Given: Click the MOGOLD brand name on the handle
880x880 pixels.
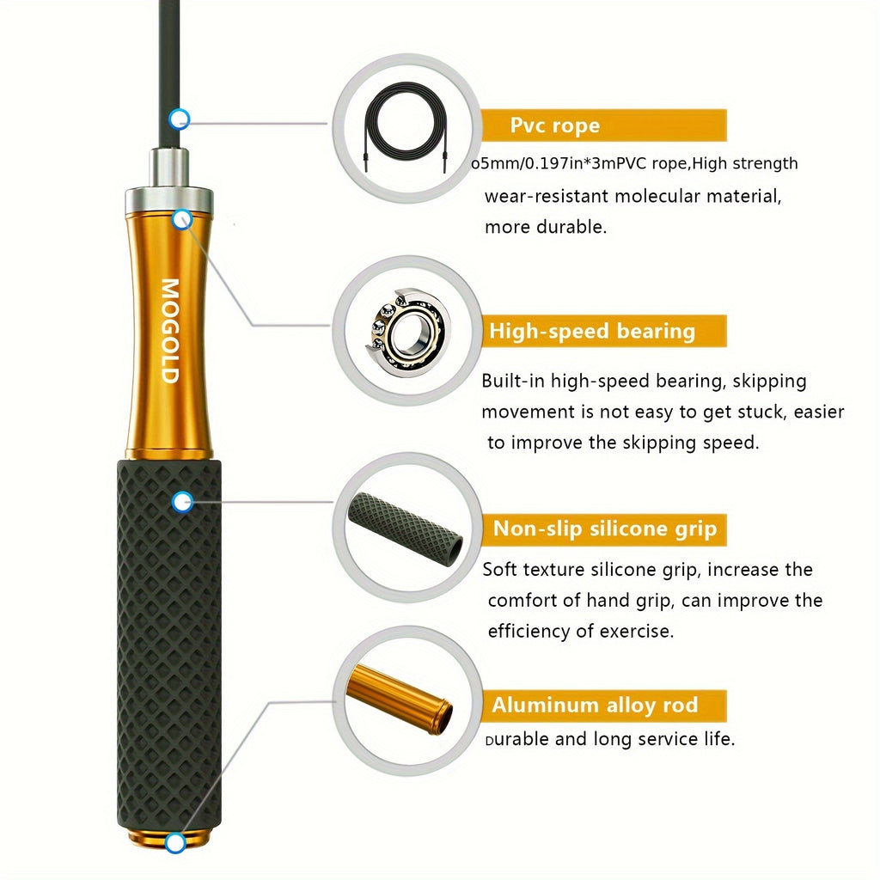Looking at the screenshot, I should [169, 331].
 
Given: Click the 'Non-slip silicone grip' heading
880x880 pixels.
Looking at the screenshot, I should [603, 529].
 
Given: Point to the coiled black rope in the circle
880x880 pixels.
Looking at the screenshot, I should [405, 126].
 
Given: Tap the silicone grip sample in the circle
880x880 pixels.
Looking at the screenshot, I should [406, 527].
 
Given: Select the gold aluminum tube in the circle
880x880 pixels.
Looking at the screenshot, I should [400, 698].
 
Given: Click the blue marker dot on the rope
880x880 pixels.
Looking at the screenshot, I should [179, 119].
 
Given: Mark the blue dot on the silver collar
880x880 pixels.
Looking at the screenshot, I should [181, 220].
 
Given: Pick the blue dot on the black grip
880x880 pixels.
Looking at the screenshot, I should [181, 502].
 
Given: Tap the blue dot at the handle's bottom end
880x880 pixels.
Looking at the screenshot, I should [175, 843].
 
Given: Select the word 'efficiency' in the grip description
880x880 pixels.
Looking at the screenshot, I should [529, 631].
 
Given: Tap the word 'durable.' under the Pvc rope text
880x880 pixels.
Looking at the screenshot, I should [572, 228].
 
